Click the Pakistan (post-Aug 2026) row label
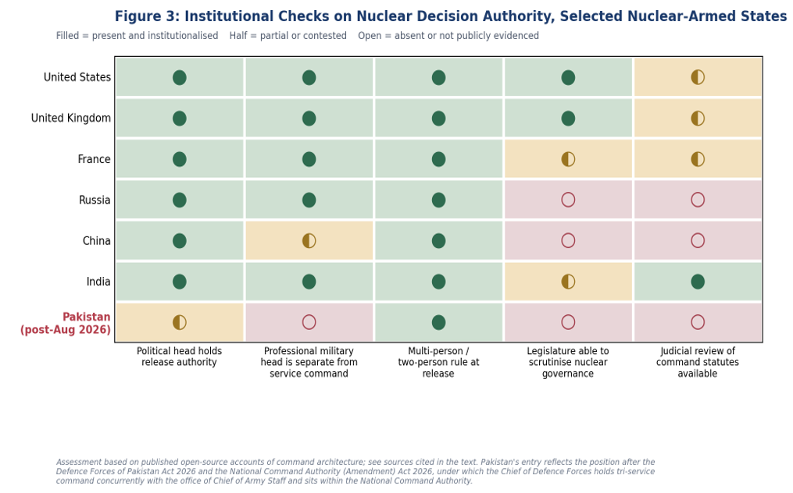[66, 323]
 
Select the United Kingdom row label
[71, 119]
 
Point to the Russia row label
[95, 200]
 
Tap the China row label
[97, 241]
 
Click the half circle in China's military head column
[309, 240]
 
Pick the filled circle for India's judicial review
[698, 282]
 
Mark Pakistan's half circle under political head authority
[180, 322]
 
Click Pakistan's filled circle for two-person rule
[438, 322]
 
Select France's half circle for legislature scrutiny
[568, 159]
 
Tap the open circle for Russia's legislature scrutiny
[568, 200]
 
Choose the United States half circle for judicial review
[698, 77]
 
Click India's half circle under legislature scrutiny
[568, 282]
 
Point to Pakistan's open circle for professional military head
[309, 322]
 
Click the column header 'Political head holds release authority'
[179, 356]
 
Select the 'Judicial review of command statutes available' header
[698, 362]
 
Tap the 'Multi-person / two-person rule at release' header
[438, 362]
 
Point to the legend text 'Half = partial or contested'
[288, 36]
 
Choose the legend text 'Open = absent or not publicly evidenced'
[448, 36]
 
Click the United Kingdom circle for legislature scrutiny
[568, 119]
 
